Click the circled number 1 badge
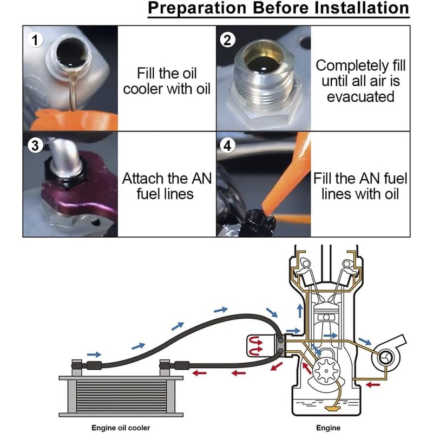(x=35, y=40)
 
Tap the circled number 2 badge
(x=227, y=40)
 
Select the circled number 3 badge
(x=35, y=146)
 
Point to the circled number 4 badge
(x=227, y=146)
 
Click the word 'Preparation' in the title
(x=197, y=9)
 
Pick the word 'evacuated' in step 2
(x=360, y=97)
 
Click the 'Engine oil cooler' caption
(x=121, y=428)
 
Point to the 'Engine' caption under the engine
(x=329, y=428)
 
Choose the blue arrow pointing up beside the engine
(x=300, y=311)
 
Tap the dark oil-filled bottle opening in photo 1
(x=71, y=52)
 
